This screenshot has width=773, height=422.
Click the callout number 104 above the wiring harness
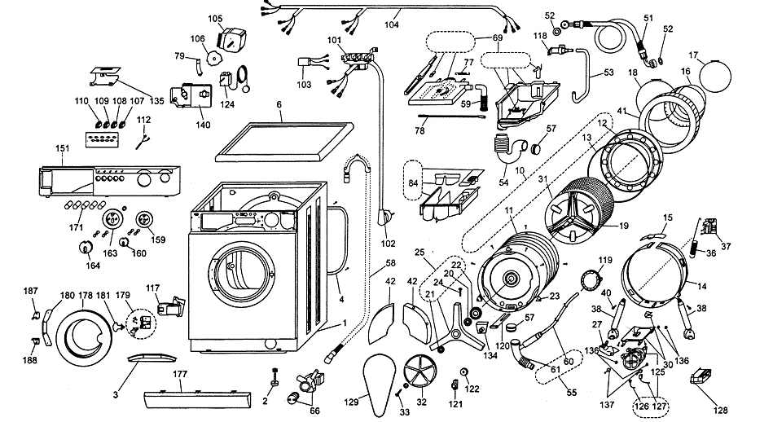[391, 26]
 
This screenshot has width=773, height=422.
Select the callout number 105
[215, 18]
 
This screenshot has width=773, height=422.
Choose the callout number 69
[498, 38]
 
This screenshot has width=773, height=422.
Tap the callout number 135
[157, 102]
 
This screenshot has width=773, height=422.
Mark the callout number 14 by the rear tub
[701, 287]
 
